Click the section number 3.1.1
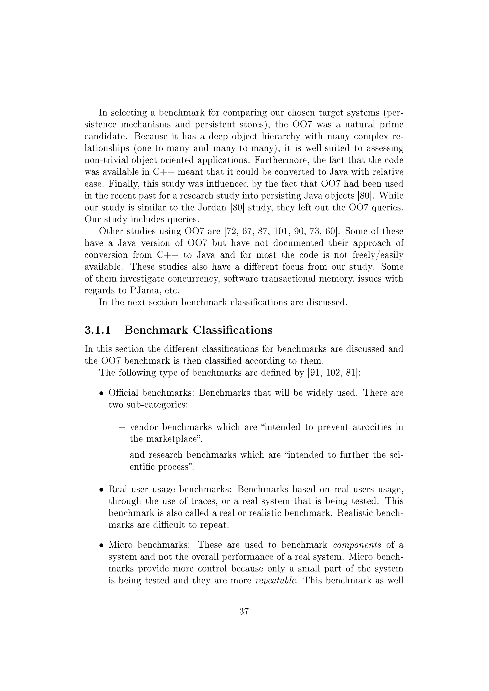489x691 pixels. click(98, 330)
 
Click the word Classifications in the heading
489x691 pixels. click(233, 330)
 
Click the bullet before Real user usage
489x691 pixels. click(102, 490)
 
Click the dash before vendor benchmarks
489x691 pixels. click(122, 427)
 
